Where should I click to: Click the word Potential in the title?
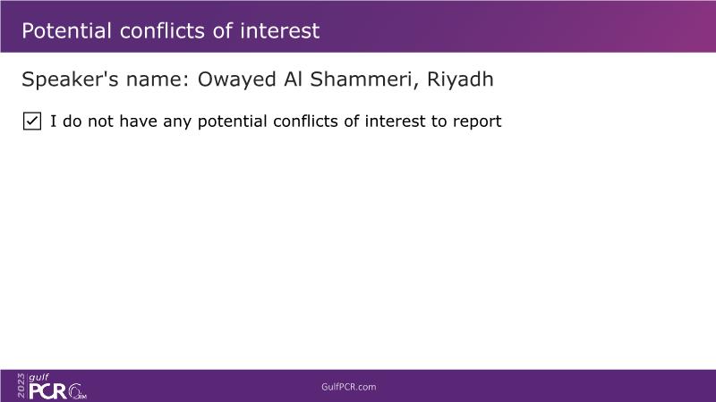[x=66, y=31]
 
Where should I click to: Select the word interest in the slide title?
[x=280, y=31]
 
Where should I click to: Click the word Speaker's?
[x=71, y=79]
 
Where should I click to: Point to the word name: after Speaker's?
[x=158, y=80]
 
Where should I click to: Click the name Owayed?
[x=236, y=80]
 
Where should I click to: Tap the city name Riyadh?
[x=460, y=80]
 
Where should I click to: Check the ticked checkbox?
[x=32, y=121]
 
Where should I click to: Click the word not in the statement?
[x=100, y=121]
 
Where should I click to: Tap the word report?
[x=477, y=122]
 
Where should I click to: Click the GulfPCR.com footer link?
[x=349, y=387]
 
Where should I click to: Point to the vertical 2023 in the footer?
[x=21, y=386]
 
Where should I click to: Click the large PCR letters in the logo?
[x=48, y=391]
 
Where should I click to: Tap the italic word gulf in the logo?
[x=38, y=377]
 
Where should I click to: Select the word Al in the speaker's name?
[x=294, y=80]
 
